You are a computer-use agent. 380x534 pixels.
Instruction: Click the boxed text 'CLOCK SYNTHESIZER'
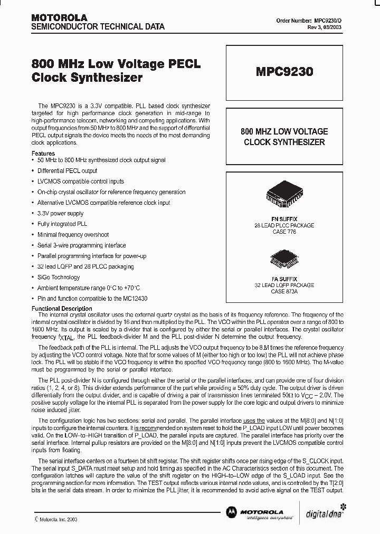[284, 142]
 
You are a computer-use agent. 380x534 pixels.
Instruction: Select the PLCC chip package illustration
[283, 198]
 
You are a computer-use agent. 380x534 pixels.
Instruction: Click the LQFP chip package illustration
[283, 259]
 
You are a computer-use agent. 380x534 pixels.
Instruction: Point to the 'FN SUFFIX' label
[284, 218]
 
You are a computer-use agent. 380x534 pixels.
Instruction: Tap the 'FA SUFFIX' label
[284, 279]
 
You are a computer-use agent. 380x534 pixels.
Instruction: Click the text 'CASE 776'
[284, 231]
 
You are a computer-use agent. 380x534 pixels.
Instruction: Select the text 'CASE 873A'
[284, 291]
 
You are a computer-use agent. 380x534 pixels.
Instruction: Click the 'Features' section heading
[43, 154]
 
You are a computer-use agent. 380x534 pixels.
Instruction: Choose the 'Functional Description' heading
[62, 309]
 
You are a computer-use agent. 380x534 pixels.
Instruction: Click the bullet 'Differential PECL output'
[67, 171]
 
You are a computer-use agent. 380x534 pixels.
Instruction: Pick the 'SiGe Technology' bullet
[58, 277]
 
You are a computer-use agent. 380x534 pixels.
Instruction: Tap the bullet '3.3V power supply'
[60, 213]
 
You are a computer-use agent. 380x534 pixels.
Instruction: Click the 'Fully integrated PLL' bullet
[62, 224]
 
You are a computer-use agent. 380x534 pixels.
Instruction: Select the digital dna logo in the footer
[325, 513]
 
